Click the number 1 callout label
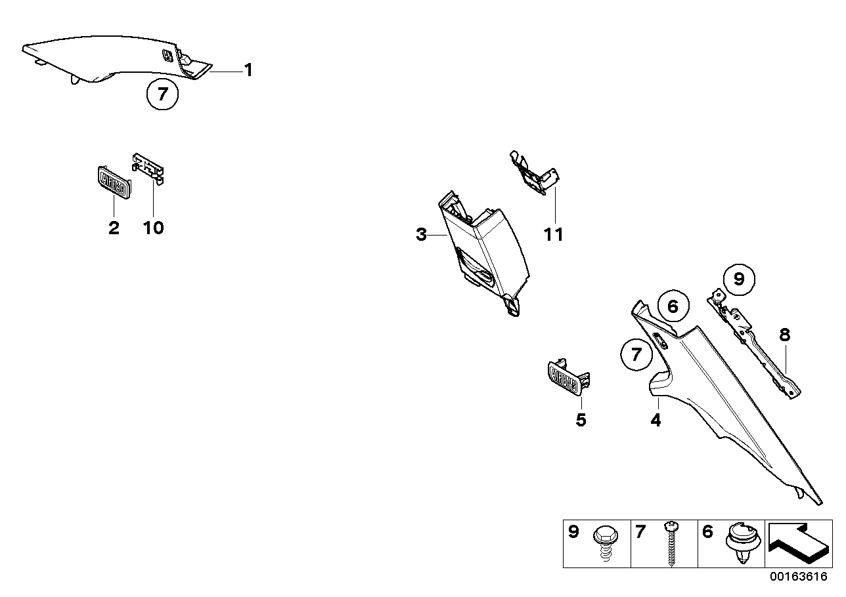(x=248, y=70)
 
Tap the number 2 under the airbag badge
(x=114, y=228)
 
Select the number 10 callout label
(x=154, y=228)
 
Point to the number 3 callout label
(x=422, y=234)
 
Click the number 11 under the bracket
(x=554, y=234)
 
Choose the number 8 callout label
(x=784, y=335)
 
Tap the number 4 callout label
(x=656, y=420)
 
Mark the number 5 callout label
(x=581, y=420)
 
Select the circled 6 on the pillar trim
(x=672, y=306)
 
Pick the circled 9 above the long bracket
(x=739, y=280)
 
